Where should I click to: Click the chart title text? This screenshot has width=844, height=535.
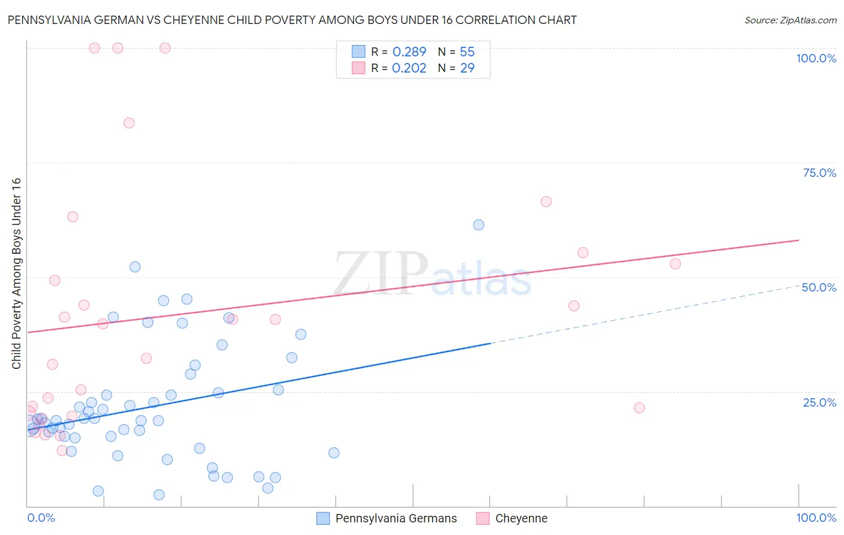click(292, 20)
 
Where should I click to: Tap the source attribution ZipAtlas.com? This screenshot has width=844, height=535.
click(790, 20)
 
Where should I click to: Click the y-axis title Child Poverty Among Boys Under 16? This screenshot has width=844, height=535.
click(17, 273)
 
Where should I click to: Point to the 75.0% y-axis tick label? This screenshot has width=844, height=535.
click(819, 173)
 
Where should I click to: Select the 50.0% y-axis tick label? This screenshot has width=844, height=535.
click(819, 287)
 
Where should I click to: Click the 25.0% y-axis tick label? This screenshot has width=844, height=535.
click(819, 402)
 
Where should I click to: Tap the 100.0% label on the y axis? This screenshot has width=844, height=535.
click(816, 58)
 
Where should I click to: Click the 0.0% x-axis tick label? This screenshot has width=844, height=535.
click(41, 518)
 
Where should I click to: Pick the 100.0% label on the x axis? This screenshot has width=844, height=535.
click(816, 518)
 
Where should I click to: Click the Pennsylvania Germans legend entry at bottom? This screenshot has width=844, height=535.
click(387, 518)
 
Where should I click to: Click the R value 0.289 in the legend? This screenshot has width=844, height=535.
click(409, 52)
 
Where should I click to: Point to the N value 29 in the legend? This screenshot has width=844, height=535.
click(467, 68)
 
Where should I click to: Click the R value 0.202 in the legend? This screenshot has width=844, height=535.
click(409, 68)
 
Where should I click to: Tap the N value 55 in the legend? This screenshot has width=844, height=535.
click(467, 52)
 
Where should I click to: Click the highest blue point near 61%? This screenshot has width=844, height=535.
click(478, 225)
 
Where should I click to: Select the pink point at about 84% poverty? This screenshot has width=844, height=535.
click(129, 123)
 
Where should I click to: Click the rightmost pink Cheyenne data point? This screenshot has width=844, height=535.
click(675, 264)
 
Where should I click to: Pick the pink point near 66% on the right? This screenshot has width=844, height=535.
click(546, 202)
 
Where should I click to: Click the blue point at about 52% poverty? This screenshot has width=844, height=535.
click(135, 267)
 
